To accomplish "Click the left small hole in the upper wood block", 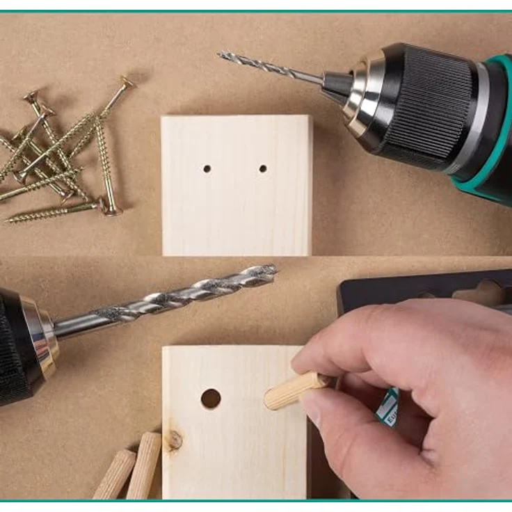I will click(x=207, y=168).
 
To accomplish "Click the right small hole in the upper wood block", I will click(x=263, y=168).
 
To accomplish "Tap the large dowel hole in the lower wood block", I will click(x=211, y=399).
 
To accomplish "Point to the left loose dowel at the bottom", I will click(x=115, y=473).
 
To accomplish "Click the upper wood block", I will click(x=237, y=209).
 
